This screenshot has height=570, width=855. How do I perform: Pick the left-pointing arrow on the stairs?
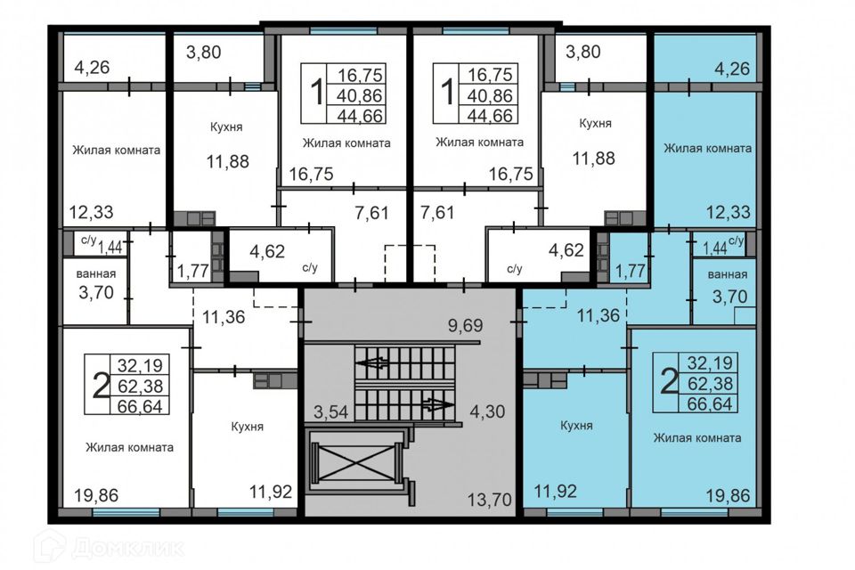tap(373, 362)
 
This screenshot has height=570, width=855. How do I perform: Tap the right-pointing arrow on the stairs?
tap(437, 405)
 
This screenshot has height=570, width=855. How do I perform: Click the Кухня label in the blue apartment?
tap(577, 426)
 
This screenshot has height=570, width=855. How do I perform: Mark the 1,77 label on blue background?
tap(630, 272)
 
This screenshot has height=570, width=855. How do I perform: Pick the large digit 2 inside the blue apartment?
tap(668, 381)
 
